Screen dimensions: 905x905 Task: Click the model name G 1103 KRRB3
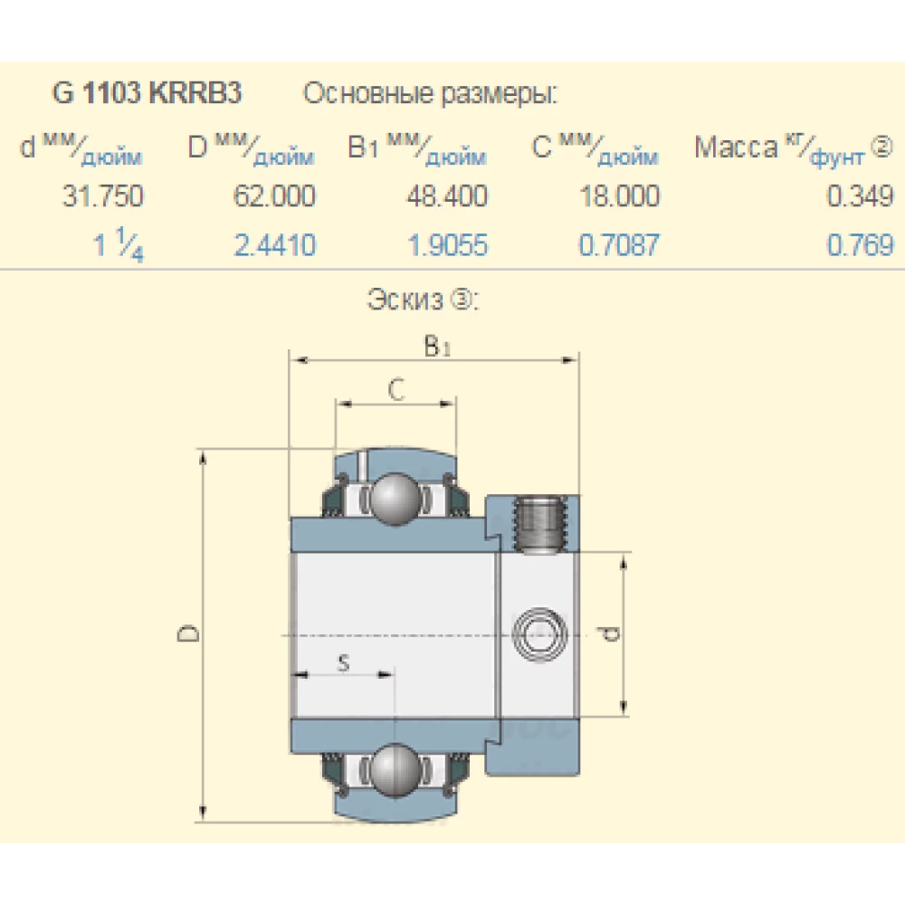click(148, 93)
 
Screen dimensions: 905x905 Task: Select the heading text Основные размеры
click(430, 93)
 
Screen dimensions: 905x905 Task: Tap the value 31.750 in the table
click(102, 196)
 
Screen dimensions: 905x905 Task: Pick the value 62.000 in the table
click(274, 196)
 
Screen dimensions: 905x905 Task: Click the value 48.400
click(446, 196)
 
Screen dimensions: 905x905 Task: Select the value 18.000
click(619, 196)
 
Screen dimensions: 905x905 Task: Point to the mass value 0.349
click(860, 196)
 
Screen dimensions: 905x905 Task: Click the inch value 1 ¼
click(119, 246)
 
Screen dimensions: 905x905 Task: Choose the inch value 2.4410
click(274, 246)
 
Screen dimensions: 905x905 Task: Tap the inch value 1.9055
click(447, 246)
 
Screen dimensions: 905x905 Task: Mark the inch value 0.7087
click(619, 246)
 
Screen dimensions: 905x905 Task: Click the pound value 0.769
click(860, 246)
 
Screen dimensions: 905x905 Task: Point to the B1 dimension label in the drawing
click(437, 346)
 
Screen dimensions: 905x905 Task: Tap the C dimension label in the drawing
click(395, 389)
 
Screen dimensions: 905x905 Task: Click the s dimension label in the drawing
click(343, 662)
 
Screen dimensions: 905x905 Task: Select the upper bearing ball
click(395, 498)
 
